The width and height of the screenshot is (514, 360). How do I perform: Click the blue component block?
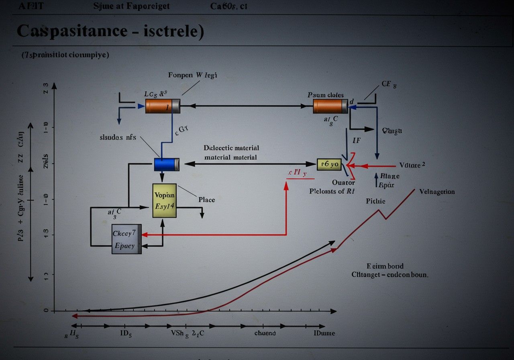click(x=166, y=164)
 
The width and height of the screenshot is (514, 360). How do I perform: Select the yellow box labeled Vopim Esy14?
click(x=164, y=200)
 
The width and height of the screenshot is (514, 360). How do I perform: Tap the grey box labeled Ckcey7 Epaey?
click(x=126, y=239)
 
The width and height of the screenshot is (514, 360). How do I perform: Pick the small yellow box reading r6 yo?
click(x=329, y=164)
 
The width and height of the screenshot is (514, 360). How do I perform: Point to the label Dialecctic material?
click(x=231, y=148)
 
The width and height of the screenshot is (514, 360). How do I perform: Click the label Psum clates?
click(x=326, y=95)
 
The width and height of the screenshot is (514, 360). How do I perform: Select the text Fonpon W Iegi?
click(x=193, y=75)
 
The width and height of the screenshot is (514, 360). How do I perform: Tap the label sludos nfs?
click(x=118, y=137)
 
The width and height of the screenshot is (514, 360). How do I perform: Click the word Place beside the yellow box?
click(x=206, y=200)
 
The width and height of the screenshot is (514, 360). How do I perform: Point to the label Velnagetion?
click(x=437, y=192)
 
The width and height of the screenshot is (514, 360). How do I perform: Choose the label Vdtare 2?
click(x=412, y=165)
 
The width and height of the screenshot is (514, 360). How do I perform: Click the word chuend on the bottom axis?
click(x=265, y=333)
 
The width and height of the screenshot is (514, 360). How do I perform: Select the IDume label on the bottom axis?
click(x=324, y=333)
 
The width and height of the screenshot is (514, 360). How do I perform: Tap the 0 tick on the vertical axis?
click(x=46, y=311)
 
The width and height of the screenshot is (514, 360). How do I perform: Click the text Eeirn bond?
click(x=385, y=266)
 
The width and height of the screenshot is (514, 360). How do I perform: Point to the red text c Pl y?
click(x=297, y=173)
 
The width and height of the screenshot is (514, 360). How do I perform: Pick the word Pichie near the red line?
click(x=375, y=201)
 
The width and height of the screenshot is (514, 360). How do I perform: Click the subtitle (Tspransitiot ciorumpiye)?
click(x=65, y=55)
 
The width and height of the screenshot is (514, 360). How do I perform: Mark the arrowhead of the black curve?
click(x=332, y=242)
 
